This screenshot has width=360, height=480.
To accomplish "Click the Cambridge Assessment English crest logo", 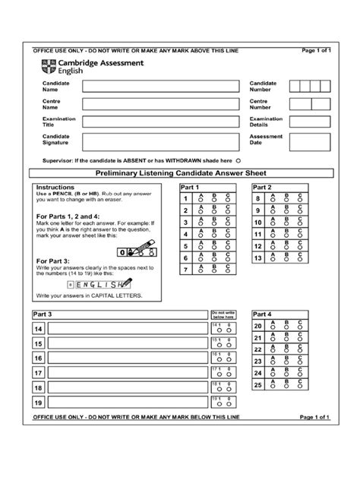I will pos(48,65).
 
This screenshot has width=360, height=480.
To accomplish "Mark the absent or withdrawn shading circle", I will pos(238,161).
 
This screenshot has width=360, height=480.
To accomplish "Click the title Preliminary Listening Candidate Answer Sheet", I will pos(180,174).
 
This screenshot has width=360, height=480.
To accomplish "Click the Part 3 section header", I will pos(43,314).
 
